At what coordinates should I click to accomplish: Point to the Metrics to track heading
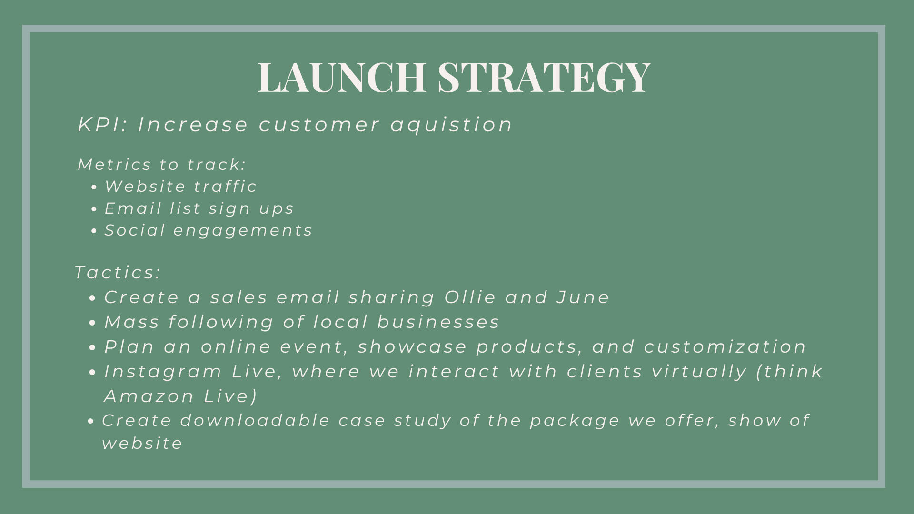pos(162,164)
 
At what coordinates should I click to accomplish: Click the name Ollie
pos(470,297)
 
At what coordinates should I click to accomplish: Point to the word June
pos(583,297)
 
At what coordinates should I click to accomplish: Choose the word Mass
pos(132,322)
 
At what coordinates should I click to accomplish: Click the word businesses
pos(438,322)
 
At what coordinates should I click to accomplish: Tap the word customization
pos(725,346)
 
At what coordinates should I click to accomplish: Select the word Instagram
pos(163,372)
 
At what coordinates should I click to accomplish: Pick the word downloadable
pos(255,420)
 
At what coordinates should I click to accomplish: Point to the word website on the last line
pos(142,443)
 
